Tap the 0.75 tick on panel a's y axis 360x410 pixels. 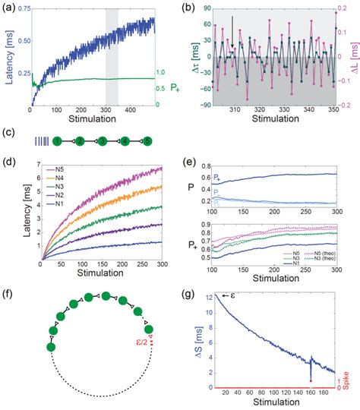pos(25,8)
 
